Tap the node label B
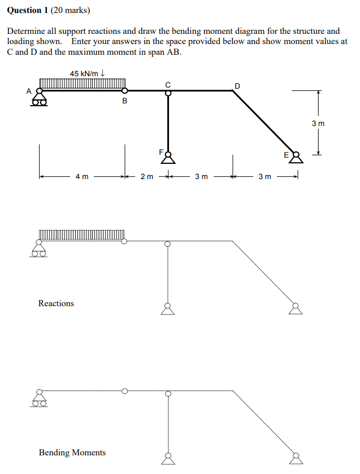coord(125,102)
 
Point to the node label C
coord(168,84)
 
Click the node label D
coord(237,86)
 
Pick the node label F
coord(161,151)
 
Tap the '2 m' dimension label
coord(146,177)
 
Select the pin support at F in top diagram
coord(168,156)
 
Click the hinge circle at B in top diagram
coord(125,90)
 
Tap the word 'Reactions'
coord(56,303)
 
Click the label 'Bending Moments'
coord(72,453)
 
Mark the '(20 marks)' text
coord(71,10)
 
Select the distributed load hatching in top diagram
coord(82,84)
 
